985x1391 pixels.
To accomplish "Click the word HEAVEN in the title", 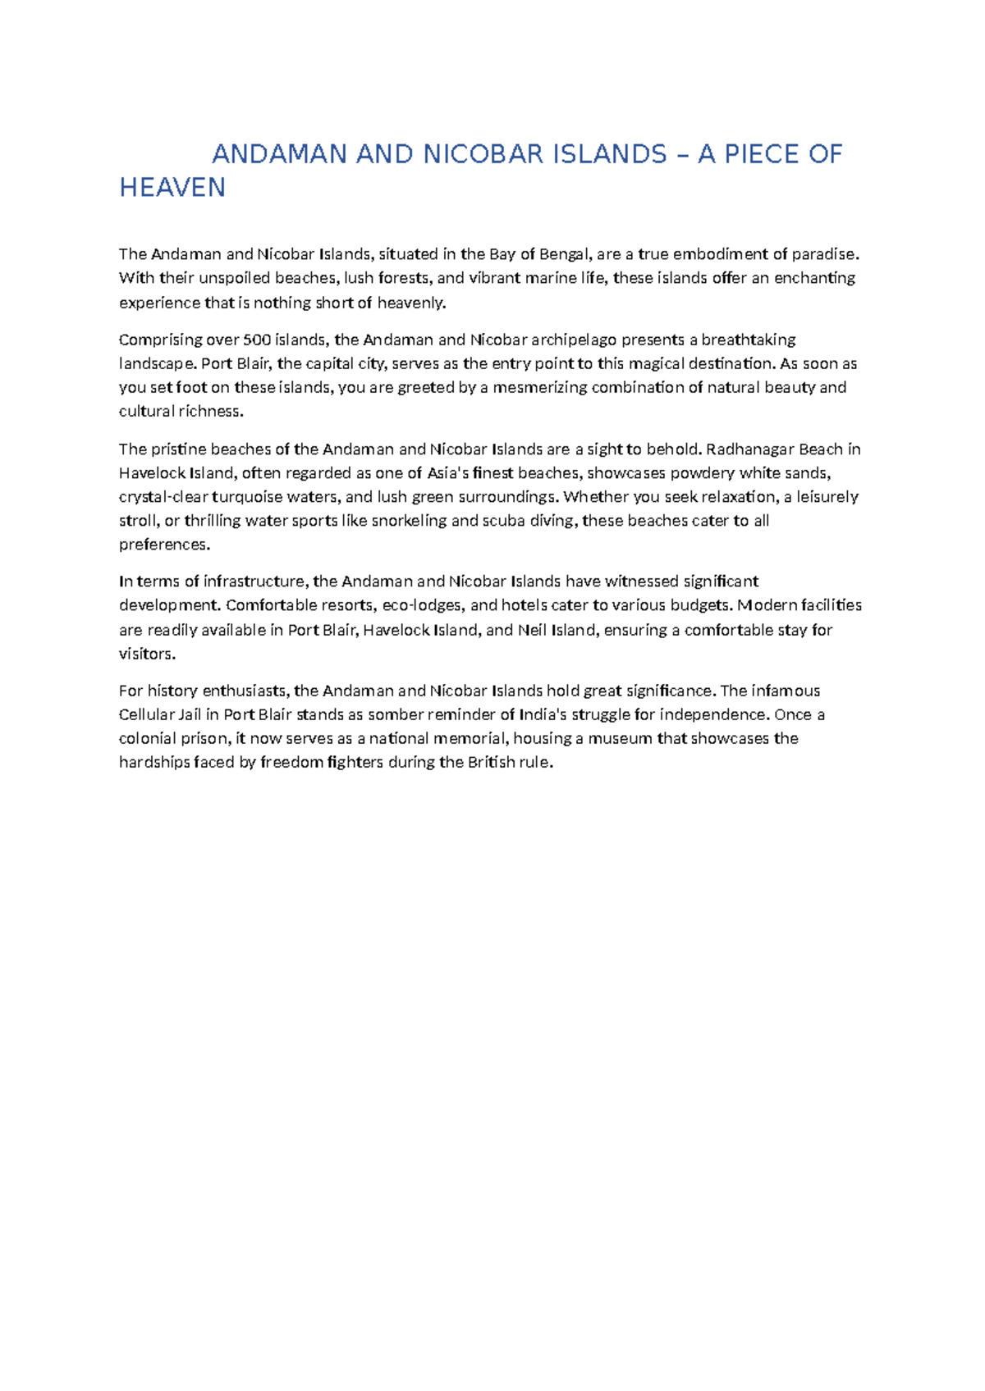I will (x=172, y=188).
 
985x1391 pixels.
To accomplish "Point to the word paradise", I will (x=826, y=254).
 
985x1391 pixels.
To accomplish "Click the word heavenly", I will (x=411, y=303).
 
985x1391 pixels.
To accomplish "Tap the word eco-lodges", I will (x=422, y=606).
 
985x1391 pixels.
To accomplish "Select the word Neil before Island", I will (x=533, y=630).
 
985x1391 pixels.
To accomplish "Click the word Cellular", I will (x=146, y=715).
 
